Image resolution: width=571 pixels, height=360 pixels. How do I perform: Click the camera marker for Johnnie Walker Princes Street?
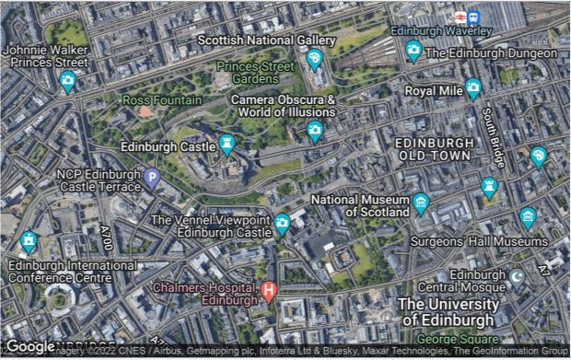(67, 81)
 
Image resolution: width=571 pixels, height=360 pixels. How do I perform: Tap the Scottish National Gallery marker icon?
(315, 59)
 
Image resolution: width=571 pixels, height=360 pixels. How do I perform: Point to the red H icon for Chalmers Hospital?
(268, 292)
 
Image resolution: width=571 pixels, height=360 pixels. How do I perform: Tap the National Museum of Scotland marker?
(421, 203)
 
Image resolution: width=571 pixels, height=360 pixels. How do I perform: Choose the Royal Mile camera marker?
(473, 88)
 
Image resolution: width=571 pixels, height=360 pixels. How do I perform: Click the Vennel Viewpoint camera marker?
(283, 223)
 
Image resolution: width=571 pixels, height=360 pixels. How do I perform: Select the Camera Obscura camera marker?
(315, 130)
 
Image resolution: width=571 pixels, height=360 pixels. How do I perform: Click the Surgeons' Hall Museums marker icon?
(528, 217)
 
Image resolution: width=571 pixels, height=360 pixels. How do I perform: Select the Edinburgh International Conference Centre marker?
(29, 241)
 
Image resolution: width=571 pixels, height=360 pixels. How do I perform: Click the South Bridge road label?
(494, 138)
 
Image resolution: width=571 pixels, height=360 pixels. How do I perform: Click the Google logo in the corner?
(30, 346)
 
